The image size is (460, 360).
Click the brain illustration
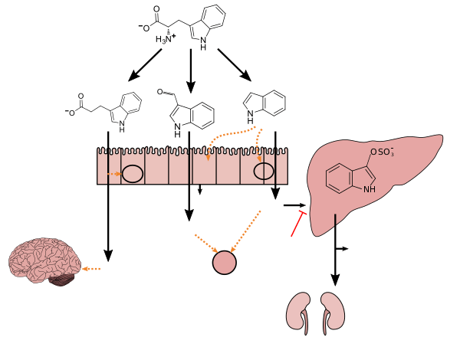pyautogui.click(x=42, y=260)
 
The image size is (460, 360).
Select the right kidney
pyautogui.click(x=333, y=310)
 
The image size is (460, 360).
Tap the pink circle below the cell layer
pyautogui.click(x=224, y=263)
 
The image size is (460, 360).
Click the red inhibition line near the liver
pyautogui.click(x=298, y=224)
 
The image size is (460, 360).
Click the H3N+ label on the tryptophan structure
pyautogui.click(x=165, y=38)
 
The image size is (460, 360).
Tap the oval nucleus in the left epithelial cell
pyautogui.click(x=133, y=174)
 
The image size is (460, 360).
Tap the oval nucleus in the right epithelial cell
pyautogui.click(x=264, y=171)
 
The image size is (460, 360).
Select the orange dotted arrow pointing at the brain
pyautogui.click(x=91, y=269)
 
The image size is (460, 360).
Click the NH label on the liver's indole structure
pyautogui.click(x=370, y=189)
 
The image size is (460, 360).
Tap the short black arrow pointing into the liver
pyautogui.click(x=294, y=205)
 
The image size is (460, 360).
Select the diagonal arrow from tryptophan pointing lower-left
pyautogui.click(x=146, y=64)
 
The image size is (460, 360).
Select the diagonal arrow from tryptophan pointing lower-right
pyautogui.click(x=234, y=64)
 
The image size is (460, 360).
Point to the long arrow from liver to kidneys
pyautogui.click(x=335, y=253)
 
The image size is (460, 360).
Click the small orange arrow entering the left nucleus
pyautogui.click(x=115, y=174)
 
